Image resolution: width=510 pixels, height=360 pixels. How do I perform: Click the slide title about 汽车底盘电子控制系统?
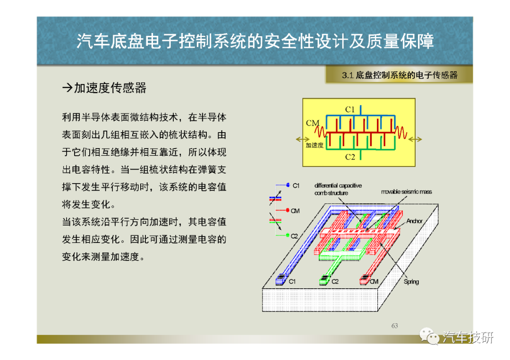pos(255,41)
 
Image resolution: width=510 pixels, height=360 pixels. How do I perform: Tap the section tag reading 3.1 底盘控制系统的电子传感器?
pos(400,75)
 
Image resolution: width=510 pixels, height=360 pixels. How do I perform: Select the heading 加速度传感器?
pos(110,88)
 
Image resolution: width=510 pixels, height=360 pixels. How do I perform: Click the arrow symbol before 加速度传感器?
pos(68,88)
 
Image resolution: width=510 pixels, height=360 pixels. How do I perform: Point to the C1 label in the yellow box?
pos(350,109)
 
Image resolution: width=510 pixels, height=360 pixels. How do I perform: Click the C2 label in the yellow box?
pos(350,157)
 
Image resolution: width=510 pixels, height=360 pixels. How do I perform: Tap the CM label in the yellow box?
pos(313,123)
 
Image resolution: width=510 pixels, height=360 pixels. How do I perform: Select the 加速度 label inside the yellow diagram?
pos(314,145)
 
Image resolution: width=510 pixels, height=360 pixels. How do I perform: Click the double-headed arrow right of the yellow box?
pos(415,139)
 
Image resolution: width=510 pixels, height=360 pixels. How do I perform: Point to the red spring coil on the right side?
pos(401,132)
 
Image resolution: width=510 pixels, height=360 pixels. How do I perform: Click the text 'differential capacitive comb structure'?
pos(338,189)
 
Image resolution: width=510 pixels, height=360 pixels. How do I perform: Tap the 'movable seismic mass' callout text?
pos(407,192)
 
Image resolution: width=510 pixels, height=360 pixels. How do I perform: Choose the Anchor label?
pos(415,221)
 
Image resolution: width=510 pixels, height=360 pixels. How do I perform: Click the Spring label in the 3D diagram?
pos(411,281)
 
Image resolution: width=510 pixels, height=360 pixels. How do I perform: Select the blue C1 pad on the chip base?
pos(280,279)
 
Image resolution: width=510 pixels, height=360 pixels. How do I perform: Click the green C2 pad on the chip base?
pos(324,280)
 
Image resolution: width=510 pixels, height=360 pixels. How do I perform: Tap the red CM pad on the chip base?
pos(365,280)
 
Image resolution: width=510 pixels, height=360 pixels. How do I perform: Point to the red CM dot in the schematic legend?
pos(288,210)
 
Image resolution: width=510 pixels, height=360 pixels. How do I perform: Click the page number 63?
pos(394,326)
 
